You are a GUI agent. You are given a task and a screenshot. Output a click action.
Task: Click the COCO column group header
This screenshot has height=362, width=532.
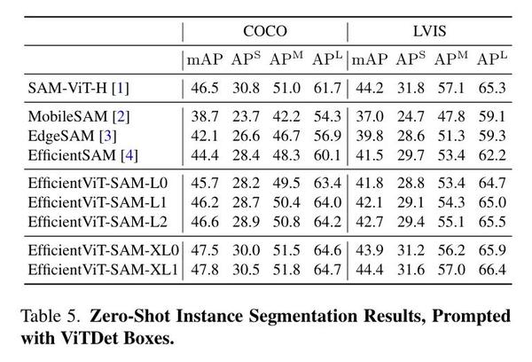[265, 31]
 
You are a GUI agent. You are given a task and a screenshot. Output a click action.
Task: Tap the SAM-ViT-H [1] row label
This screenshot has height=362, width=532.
[79, 88]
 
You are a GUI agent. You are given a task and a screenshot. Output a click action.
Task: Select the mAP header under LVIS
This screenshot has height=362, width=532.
[370, 59]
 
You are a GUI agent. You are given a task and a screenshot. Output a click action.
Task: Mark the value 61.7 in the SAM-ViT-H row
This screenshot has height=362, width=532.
[325, 88]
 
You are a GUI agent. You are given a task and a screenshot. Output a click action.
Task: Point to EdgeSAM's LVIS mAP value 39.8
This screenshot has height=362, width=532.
[369, 136]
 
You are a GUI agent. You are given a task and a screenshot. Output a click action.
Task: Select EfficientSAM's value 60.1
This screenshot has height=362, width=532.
[325, 154]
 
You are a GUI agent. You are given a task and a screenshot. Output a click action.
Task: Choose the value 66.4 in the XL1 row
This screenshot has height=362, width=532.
[490, 268]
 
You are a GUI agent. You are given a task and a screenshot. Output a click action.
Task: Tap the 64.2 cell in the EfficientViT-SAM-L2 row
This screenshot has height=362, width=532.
[325, 220]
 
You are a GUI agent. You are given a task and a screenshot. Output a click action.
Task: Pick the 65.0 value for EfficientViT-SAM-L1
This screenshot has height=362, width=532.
[490, 202]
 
